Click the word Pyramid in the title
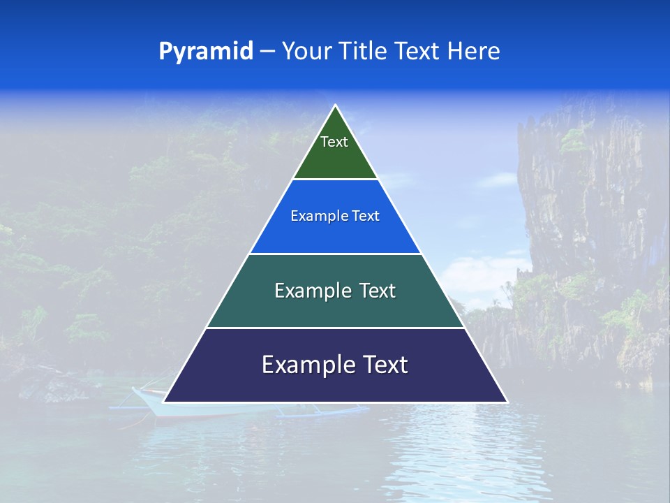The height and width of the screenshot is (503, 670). [x=206, y=51]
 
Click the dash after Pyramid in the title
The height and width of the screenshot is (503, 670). [x=267, y=52]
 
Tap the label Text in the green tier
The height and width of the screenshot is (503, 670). [x=334, y=142]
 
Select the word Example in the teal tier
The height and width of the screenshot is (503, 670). [x=311, y=291]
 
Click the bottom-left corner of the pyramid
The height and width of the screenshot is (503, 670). [x=165, y=402]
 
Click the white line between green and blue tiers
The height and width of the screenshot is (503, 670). [x=335, y=180]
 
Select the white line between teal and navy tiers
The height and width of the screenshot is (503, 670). [x=335, y=328]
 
